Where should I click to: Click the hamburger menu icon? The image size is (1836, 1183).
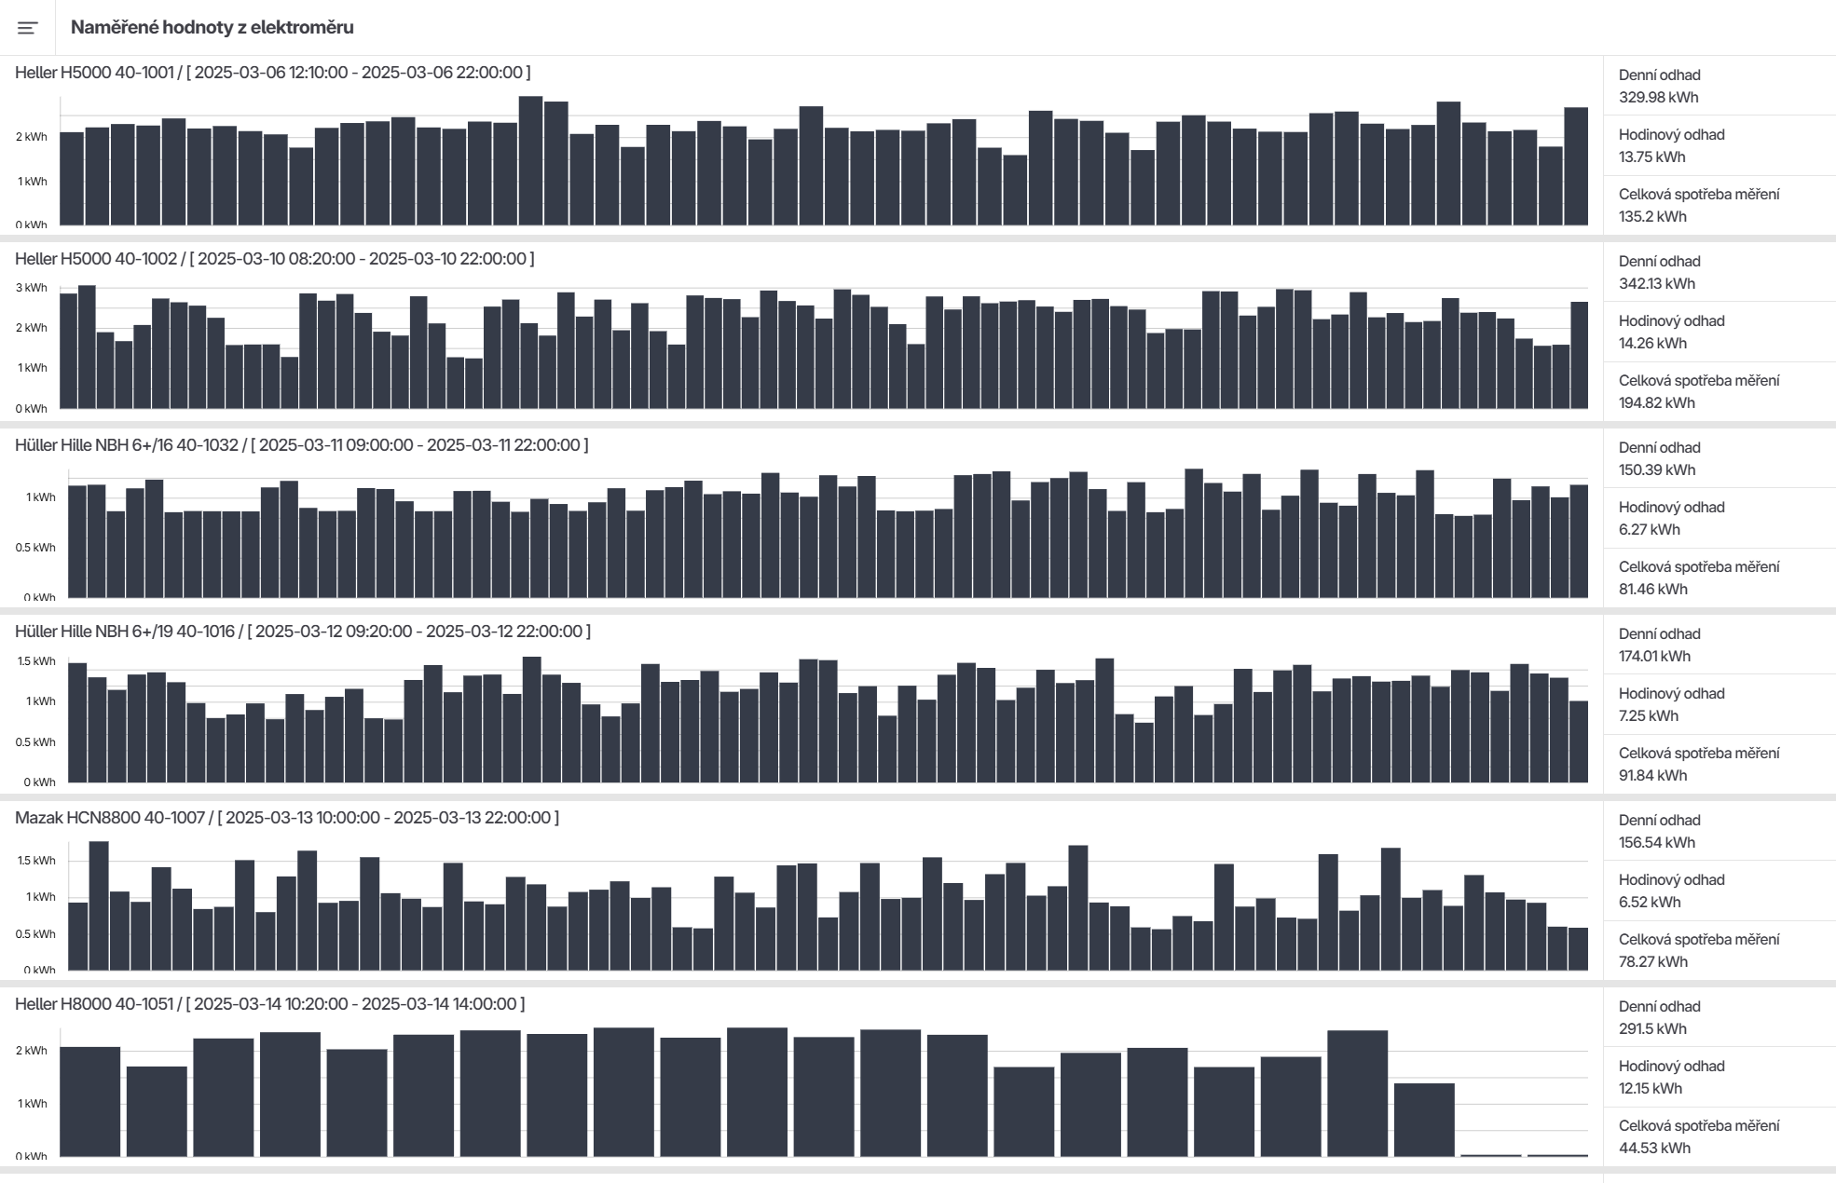(x=28, y=28)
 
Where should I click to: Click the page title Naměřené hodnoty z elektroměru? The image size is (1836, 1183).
(x=212, y=28)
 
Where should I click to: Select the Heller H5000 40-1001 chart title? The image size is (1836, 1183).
(x=272, y=73)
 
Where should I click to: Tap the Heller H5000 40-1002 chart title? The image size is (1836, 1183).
(x=274, y=259)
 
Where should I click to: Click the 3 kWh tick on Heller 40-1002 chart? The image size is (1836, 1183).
(x=31, y=288)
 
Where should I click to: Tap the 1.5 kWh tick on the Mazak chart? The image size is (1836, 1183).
(x=36, y=861)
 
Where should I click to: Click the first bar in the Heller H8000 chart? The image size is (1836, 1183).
(x=90, y=1101)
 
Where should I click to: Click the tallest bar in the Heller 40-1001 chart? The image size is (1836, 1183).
(x=530, y=160)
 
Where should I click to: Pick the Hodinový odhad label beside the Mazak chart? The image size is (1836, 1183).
(x=1671, y=880)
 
